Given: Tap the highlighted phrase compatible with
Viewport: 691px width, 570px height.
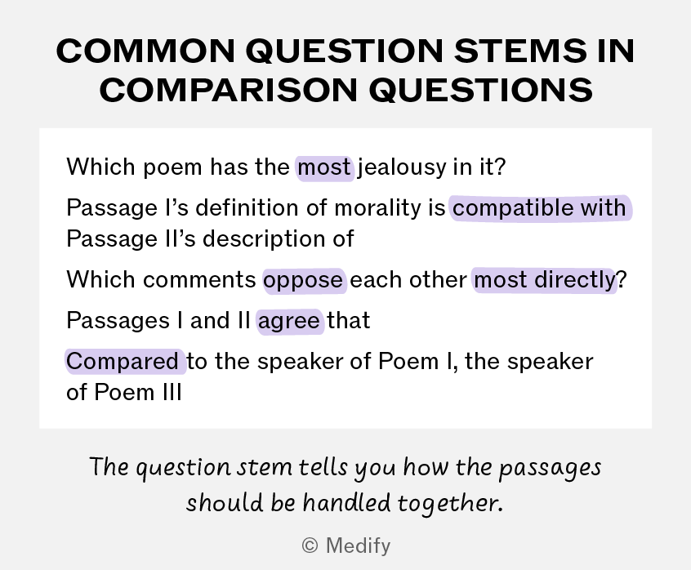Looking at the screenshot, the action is [540, 208].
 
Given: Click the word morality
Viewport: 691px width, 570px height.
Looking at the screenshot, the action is [377, 208].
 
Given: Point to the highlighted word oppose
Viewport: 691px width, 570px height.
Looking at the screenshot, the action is [304, 280].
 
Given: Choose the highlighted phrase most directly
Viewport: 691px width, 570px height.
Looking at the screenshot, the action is [545, 280].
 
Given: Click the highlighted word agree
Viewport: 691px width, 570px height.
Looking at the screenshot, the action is [289, 321].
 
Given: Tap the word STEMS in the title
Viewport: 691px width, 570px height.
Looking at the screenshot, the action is [520, 51].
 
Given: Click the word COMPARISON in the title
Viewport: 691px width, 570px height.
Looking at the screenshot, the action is [228, 91].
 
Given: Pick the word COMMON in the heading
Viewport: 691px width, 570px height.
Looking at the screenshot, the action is [145, 51].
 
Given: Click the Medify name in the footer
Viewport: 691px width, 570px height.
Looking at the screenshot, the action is [358, 546].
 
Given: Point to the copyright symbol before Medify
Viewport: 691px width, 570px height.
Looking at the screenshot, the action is [310, 546].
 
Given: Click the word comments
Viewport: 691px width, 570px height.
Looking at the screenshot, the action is [199, 280].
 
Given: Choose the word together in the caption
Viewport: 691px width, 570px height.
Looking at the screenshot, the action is [450, 504].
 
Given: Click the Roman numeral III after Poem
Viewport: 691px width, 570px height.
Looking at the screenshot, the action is [172, 392].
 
